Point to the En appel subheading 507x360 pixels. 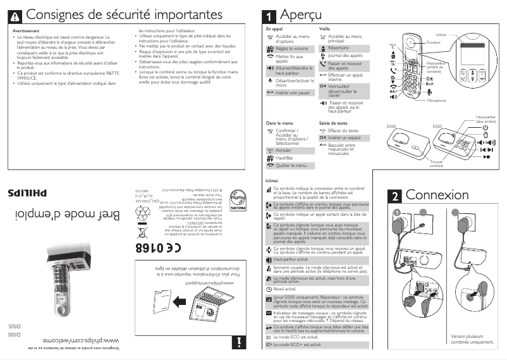pyautogui.click(x=274, y=29)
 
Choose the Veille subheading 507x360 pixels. pyautogui.click(x=325, y=29)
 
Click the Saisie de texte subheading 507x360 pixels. pyautogui.click(x=333, y=123)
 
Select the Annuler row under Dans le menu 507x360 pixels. pyautogui.click(x=284, y=151)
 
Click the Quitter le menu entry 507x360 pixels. pyautogui.click(x=291, y=165)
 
